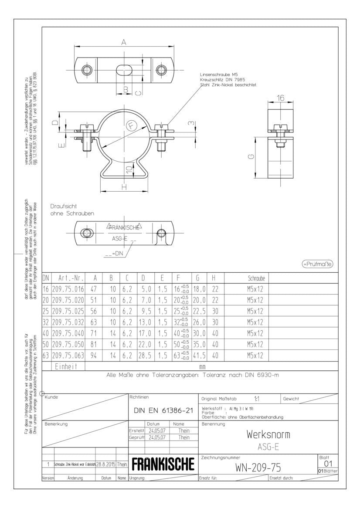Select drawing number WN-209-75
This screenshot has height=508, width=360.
[x=258, y=467]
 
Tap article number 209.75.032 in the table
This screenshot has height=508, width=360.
[x=68, y=322]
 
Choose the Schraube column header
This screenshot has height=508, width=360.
[x=256, y=278]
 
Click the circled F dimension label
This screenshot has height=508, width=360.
[x=132, y=126]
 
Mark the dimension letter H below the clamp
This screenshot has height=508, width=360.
[x=124, y=187]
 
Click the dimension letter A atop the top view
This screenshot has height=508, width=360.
[x=124, y=42]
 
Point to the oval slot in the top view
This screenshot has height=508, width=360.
[x=125, y=71]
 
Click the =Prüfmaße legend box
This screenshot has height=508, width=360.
[x=317, y=264]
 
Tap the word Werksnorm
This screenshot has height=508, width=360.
[x=268, y=434]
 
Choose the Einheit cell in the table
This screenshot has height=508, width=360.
[x=68, y=367]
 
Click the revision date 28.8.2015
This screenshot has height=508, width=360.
[x=106, y=465]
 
